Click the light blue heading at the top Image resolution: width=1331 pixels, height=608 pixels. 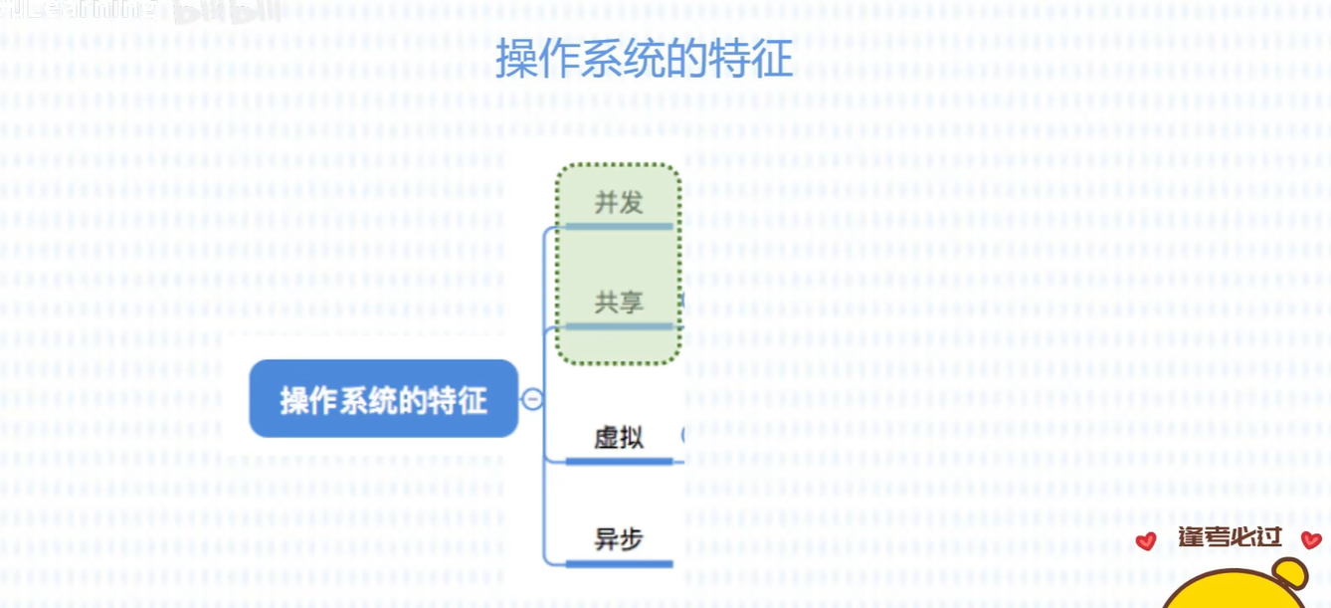click(645, 60)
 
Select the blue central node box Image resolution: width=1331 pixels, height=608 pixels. click(383, 399)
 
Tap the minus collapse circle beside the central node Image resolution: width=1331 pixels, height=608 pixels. click(533, 400)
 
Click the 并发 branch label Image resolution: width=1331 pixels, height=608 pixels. click(619, 203)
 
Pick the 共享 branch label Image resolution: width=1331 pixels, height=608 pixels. click(619, 302)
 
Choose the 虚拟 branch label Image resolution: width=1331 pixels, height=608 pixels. click(619, 437)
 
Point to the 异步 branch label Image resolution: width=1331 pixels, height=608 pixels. click(619, 539)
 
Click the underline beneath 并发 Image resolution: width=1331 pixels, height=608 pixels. click(619, 227)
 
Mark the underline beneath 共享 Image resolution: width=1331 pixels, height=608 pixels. click(619, 326)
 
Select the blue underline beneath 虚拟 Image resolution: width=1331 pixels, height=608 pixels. click(619, 461)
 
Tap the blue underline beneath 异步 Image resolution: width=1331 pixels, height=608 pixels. click(619, 564)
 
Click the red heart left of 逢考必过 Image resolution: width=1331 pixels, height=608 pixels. click(1146, 541)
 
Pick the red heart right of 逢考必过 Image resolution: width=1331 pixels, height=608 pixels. click(1311, 540)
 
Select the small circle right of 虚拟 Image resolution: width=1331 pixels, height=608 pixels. click(683, 435)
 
